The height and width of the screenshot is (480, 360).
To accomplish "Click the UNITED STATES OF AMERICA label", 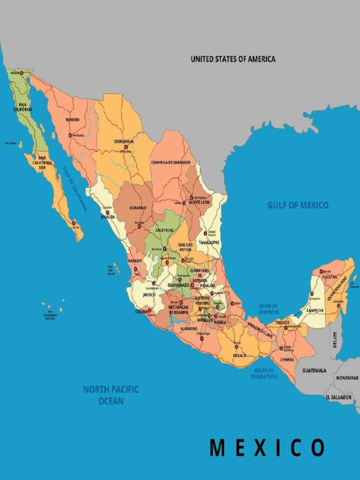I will click(233, 59).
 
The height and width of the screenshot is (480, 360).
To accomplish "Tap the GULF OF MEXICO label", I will click(298, 205).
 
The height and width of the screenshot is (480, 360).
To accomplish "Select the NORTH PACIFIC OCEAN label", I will click(111, 395).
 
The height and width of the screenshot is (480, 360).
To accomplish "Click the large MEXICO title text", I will click(267, 448).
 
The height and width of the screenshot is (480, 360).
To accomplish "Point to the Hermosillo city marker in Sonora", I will click(70, 135).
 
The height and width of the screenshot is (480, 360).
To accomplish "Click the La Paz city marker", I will click(74, 223).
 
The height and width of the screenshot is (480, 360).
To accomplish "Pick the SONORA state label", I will click(72, 120).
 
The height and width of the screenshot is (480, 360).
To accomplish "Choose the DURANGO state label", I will click(137, 208).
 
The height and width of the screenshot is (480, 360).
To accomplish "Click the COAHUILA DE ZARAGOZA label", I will click(171, 162).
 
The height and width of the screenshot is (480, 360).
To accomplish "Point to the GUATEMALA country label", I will click(314, 370).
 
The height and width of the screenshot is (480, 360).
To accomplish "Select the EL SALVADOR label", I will click(338, 397).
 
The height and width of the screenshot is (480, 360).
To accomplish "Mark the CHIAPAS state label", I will click(287, 360).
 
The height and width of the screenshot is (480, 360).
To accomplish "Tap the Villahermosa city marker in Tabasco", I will click(285, 328).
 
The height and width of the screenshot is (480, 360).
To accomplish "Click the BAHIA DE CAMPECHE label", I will click(268, 309).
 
